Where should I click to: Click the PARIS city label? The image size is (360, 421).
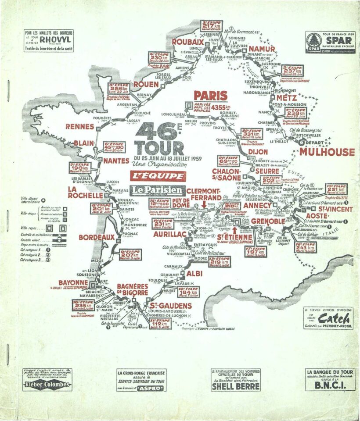click(x=211, y=96)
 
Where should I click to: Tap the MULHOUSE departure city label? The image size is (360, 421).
click(x=327, y=152)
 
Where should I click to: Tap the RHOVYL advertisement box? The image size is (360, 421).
click(x=49, y=40)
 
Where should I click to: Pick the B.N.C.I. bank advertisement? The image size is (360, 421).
click(x=330, y=379)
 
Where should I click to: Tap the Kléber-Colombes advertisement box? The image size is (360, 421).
click(x=47, y=380)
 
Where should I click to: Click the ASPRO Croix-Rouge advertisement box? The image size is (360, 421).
click(x=141, y=380)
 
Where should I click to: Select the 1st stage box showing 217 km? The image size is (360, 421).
click(x=212, y=26)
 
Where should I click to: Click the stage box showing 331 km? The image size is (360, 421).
click(x=252, y=134)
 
